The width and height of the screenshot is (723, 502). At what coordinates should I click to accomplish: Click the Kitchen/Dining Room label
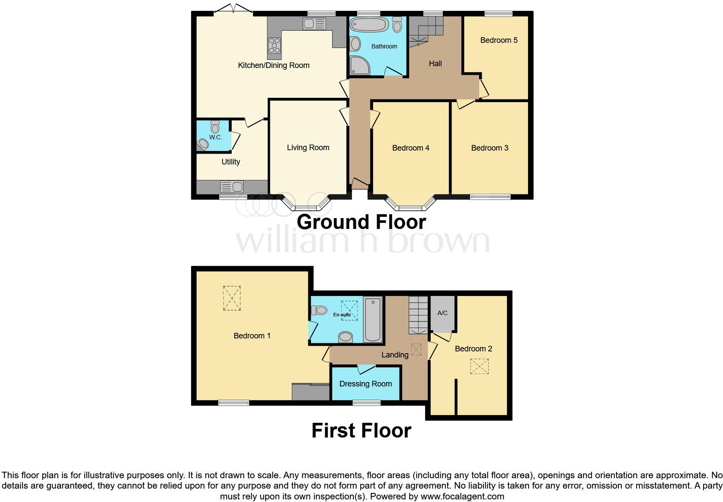273,65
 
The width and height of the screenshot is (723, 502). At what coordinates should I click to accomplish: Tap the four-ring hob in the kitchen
274,45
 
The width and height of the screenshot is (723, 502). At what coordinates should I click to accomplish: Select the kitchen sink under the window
314,24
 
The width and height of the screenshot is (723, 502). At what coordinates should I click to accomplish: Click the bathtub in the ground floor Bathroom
369,25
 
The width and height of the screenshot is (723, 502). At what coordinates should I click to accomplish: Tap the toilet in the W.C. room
215,126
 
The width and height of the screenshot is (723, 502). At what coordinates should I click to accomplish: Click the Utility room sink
232,187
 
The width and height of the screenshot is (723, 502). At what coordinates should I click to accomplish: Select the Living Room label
308,148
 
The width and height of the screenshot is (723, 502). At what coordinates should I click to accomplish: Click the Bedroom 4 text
410,148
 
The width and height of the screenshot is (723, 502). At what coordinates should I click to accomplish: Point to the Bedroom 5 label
499,40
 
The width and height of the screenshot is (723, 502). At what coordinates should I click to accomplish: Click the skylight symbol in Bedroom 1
232,298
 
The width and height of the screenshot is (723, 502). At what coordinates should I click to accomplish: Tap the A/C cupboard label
442,313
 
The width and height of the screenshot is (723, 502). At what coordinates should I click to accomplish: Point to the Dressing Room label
365,384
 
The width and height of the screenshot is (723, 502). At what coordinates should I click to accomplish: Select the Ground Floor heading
361,222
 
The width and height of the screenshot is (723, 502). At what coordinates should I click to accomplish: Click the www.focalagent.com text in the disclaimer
462,496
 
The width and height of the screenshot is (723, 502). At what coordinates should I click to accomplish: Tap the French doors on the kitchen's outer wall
233,10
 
